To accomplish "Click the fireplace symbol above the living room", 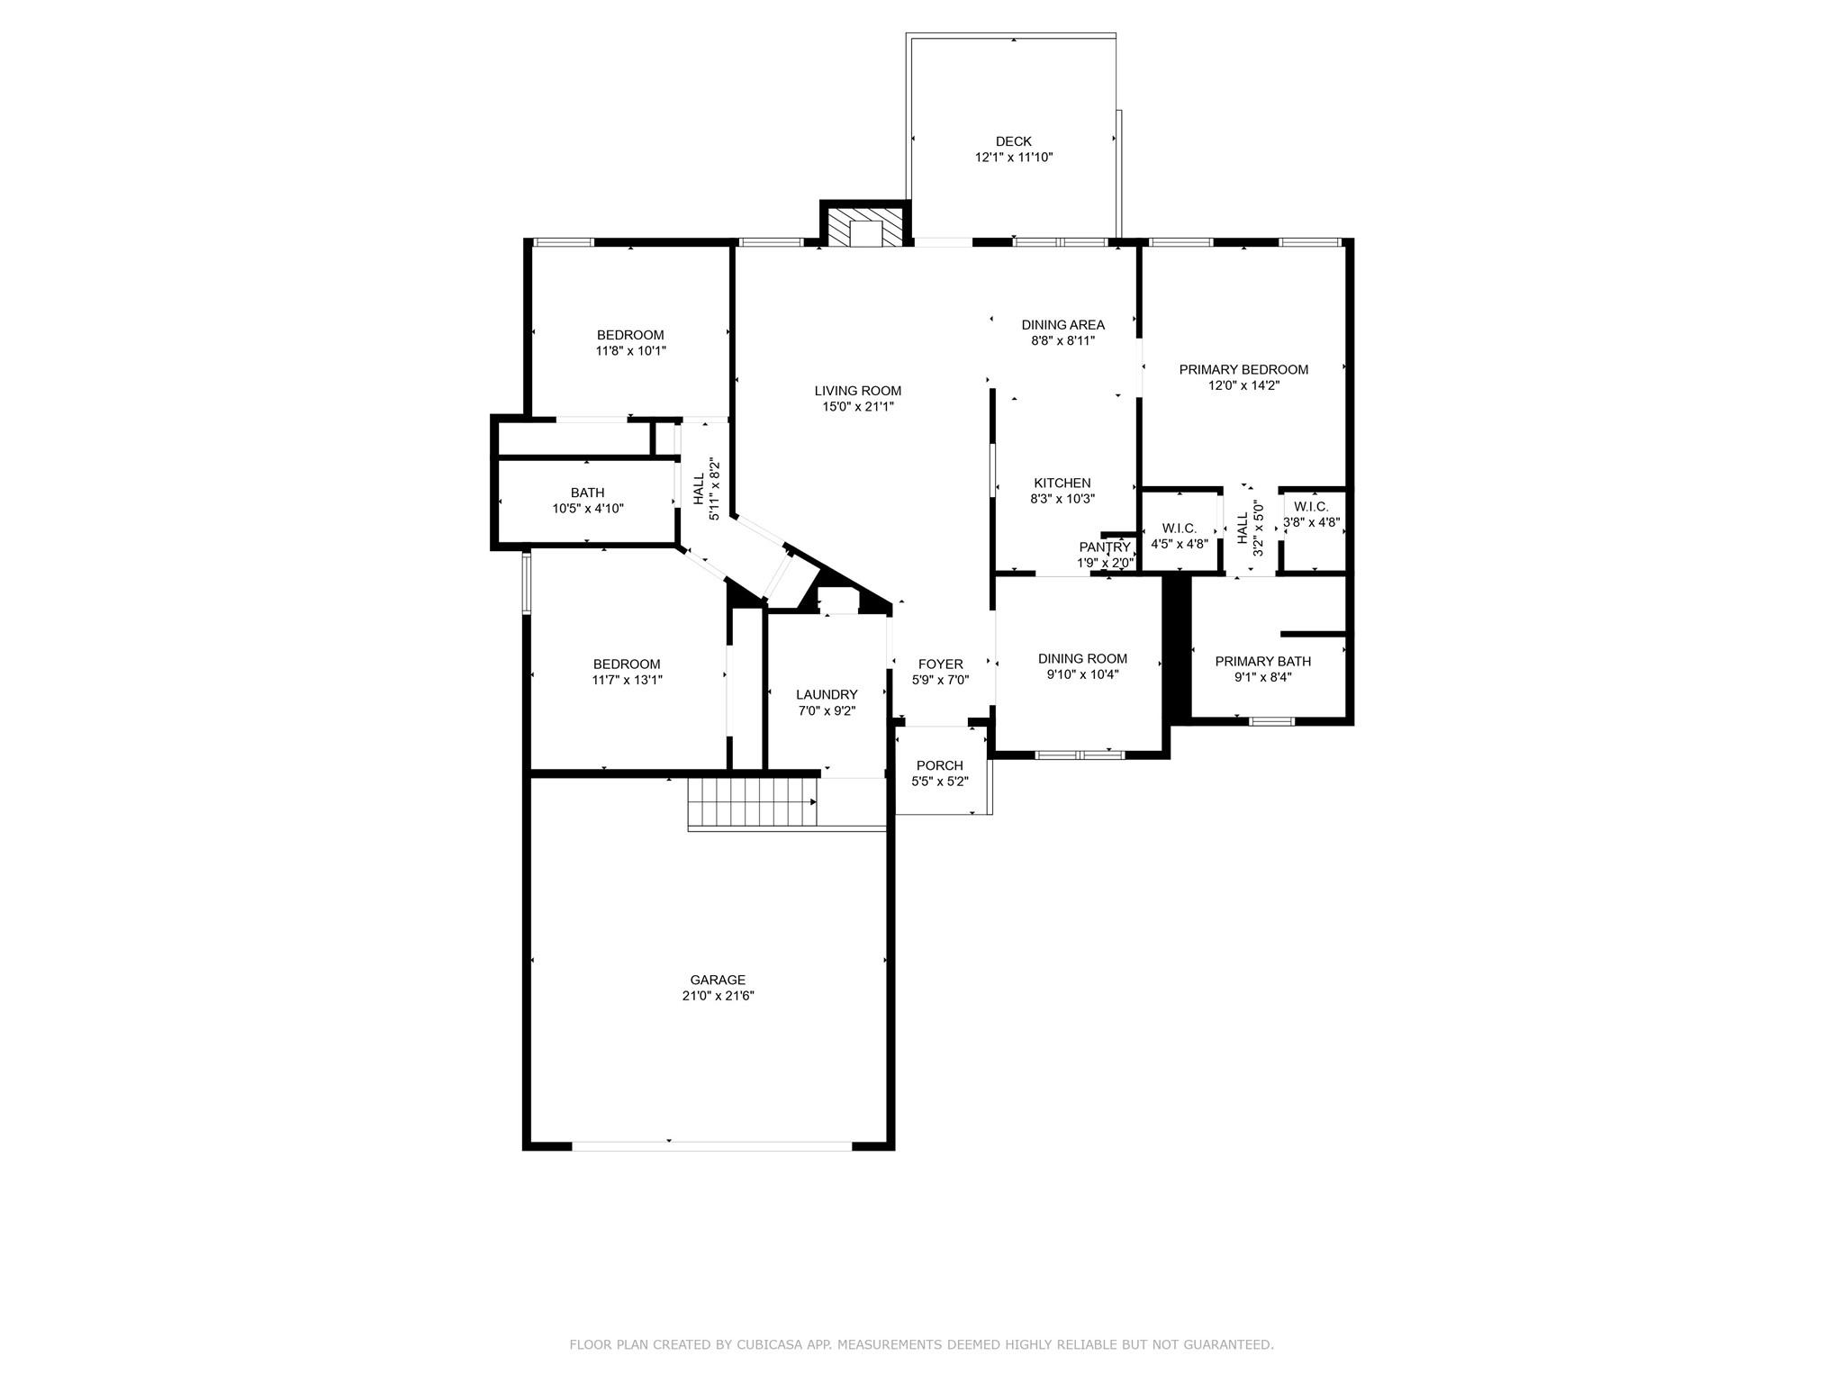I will [x=865, y=229].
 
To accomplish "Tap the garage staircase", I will [x=753, y=802].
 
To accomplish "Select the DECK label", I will [x=1013, y=141].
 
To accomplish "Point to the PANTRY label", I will [x=1104, y=547].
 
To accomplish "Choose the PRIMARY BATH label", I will [x=1262, y=662].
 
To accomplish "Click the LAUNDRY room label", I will [x=827, y=694].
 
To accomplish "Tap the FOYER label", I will [x=940, y=664].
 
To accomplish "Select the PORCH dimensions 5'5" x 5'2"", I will [x=940, y=782].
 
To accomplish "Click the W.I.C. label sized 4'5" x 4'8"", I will [x=1179, y=529].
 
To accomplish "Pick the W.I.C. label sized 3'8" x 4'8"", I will [x=1311, y=507].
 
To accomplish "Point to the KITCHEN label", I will [x=1062, y=484].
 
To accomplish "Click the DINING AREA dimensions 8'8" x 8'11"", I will [x=1062, y=340].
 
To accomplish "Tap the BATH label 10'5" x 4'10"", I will [x=587, y=493].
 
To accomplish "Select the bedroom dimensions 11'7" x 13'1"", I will [x=627, y=680].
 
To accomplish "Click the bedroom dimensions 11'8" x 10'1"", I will [x=630, y=351].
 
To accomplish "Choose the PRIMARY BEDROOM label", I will [x=1243, y=369].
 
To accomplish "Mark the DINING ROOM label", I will [x=1082, y=658].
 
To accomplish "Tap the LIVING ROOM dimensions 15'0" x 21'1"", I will [x=857, y=406].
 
